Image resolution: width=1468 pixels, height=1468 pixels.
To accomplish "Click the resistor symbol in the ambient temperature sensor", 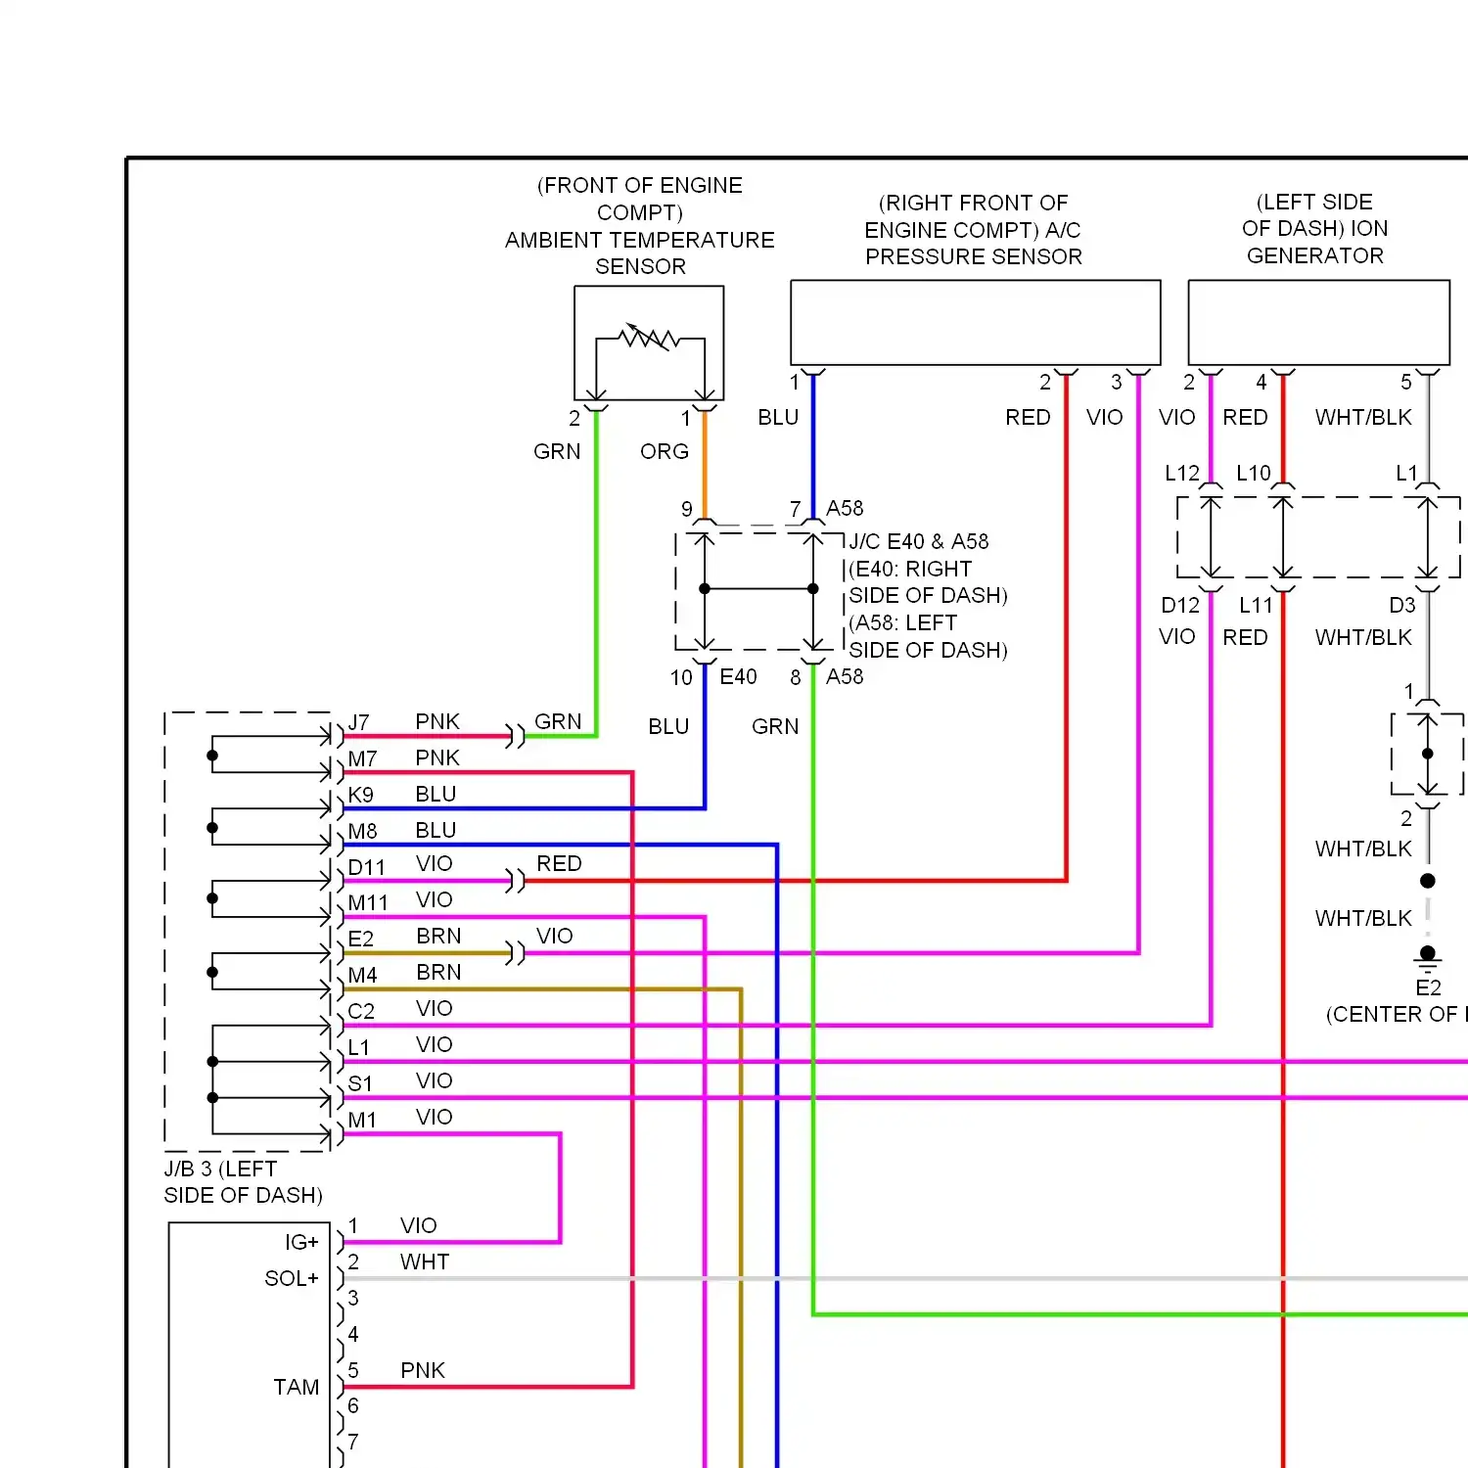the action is tap(649, 338).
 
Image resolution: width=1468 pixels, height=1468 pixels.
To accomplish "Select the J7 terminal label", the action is tap(359, 722).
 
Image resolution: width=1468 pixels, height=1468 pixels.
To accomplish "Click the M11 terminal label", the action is tap(368, 902).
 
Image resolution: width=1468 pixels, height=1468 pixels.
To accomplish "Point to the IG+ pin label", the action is tap(301, 1242).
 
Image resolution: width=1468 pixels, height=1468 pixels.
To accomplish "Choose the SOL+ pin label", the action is tap(292, 1278).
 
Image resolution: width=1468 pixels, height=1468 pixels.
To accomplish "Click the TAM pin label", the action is tap(297, 1387).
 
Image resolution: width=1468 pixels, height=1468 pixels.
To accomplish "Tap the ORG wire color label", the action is tap(665, 451).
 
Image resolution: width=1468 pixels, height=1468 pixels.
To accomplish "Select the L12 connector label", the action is tap(1182, 474).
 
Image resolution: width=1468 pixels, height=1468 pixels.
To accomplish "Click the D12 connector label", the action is tap(1180, 605).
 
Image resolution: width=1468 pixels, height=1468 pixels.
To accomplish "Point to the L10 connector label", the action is tap(1254, 474).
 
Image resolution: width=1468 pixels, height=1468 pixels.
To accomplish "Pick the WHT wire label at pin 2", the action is tap(425, 1262).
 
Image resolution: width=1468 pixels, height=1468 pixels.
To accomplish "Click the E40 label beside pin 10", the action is tap(738, 676).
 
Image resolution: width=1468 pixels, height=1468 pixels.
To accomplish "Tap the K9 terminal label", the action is tap(360, 795).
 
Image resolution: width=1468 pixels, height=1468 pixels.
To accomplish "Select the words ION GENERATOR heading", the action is tap(1316, 242).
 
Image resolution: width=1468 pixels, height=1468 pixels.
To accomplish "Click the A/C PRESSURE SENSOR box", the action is tap(976, 323).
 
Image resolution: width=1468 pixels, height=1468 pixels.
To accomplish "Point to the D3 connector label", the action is tap(1402, 605).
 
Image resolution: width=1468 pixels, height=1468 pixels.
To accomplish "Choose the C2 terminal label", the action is tap(361, 1011).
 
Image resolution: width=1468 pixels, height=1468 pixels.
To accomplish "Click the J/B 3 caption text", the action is tap(243, 1182).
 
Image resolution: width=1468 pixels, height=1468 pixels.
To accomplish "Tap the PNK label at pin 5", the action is tap(423, 1370).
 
